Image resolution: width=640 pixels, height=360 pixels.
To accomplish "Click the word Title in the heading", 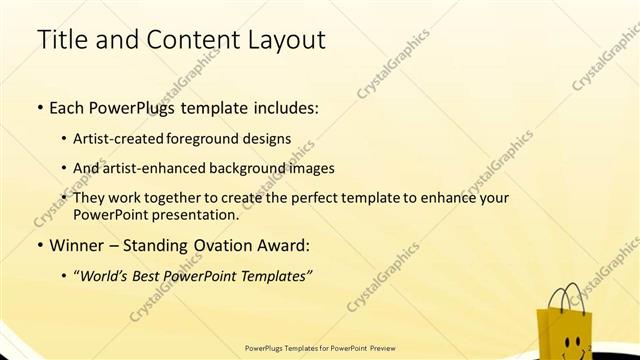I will click(x=58, y=41).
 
